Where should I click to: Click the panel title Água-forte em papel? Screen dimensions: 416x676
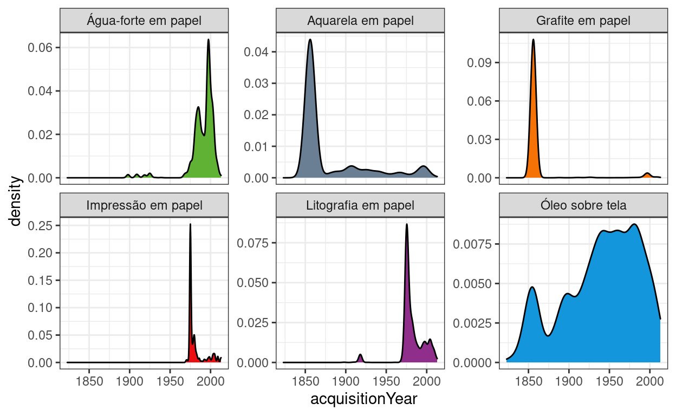tap(144, 21)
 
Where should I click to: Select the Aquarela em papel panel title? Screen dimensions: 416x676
tap(360, 21)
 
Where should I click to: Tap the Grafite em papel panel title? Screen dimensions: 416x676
tap(583, 21)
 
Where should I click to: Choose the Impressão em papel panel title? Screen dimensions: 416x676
tap(144, 205)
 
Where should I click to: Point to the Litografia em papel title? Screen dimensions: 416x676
tap(360, 205)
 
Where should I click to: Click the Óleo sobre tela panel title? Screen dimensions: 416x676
tap(583, 205)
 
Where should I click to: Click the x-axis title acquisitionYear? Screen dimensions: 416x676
tap(363, 400)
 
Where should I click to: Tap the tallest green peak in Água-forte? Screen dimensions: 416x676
tap(208, 40)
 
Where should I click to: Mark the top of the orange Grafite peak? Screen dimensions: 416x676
tap(533, 40)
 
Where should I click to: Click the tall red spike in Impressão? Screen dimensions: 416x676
tap(190, 225)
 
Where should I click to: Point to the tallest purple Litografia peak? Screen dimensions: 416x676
tap(407, 225)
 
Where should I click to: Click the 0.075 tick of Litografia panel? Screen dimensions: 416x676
tap(253, 243)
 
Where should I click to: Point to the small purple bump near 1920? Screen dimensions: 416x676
tap(360, 355)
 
